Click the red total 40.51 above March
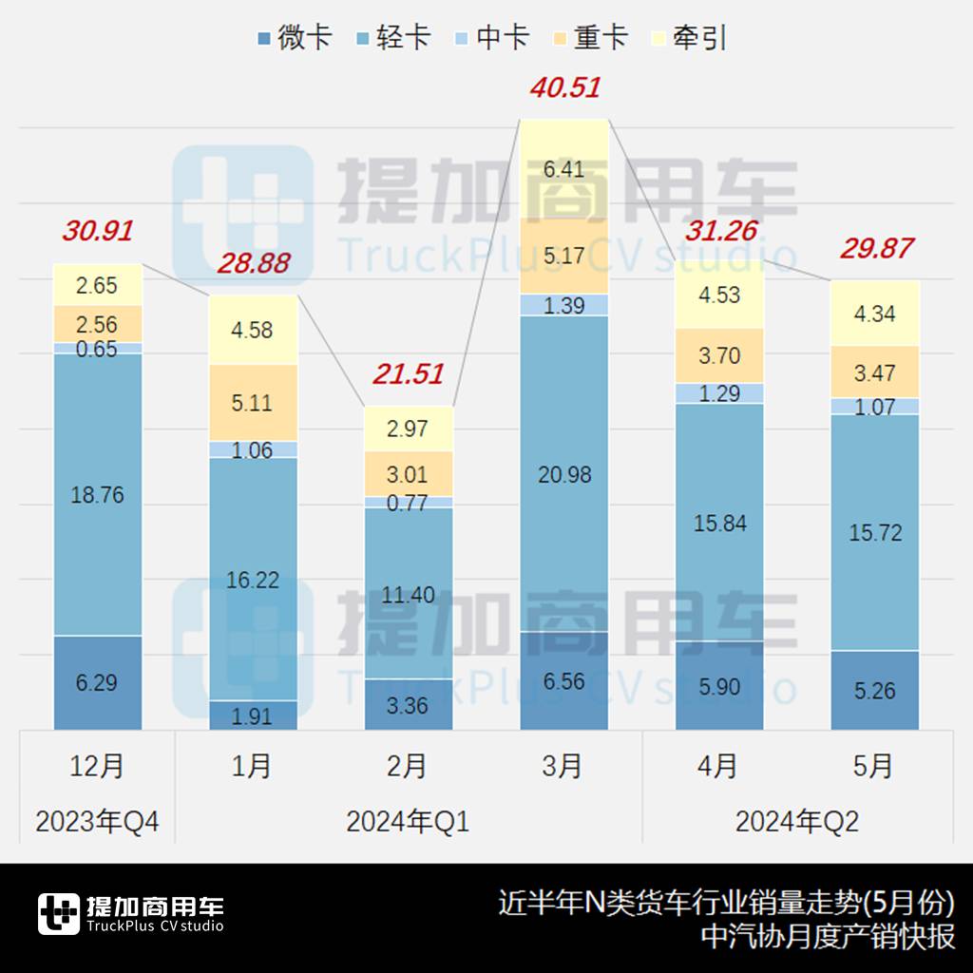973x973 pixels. [x=564, y=88]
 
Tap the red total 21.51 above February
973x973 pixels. [x=408, y=374]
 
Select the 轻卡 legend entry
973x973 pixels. [x=391, y=37]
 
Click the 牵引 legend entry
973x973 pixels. [x=689, y=37]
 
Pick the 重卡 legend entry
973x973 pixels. [x=589, y=37]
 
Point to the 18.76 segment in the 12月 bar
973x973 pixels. [x=97, y=495]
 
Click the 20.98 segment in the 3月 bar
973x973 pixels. [x=564, y=474]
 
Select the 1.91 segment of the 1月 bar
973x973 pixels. [x=253, y=715]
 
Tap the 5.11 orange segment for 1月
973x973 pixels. [x=253, y=403]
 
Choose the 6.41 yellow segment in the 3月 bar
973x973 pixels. [x=564, y=170]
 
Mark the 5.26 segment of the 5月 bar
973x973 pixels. [x=874, y=691]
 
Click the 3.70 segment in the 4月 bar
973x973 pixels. [x=719, y=356]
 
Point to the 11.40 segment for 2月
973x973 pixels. [x=408, y=595]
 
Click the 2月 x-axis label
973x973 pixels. [x=408, y=766]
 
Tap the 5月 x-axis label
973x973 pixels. [x=874, y=766]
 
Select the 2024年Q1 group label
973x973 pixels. [x=408, y=822]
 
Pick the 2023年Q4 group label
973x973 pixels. [x=97, y=822]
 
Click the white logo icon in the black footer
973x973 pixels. [x=58, y=914]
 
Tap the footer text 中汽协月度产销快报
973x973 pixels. [x=827, y=937]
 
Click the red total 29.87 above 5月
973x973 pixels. [x=876, y=249]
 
